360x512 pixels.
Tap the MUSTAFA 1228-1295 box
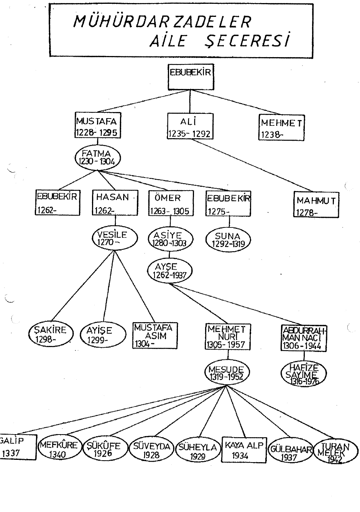(x=97, y=126)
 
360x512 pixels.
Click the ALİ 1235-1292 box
(x=190, y=126)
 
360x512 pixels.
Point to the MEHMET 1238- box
(x=281, y=128)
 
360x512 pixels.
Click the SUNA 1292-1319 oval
(x=228, y=239)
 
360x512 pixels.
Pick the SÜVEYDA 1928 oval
(x=151, y=450)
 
